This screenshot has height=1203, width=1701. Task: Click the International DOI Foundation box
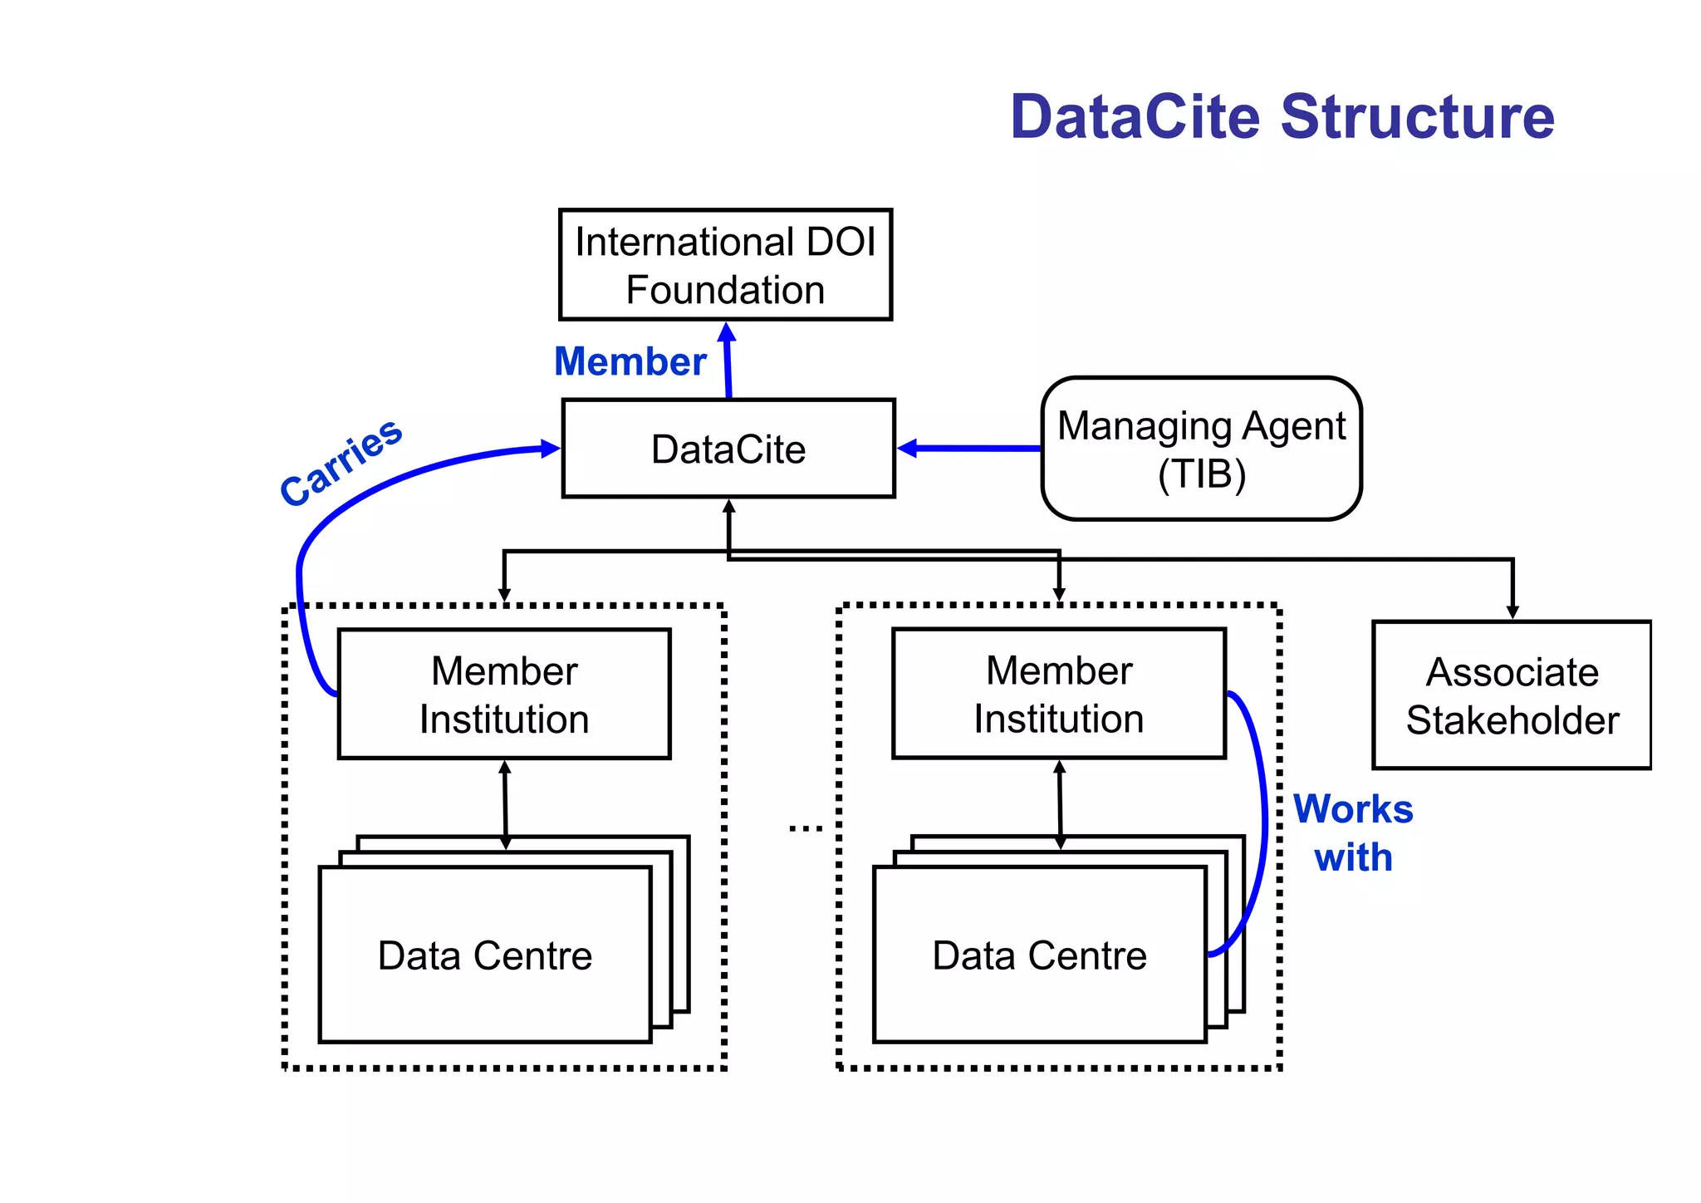tap(725, 265)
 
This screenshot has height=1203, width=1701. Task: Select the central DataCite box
tap(728, 449)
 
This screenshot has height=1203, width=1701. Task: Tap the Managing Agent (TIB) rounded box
tap(1201, 449)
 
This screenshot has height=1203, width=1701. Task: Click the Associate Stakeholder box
tap(1512, 695)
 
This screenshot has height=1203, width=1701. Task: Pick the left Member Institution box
tap(504, 694)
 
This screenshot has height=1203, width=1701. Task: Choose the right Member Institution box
tap(1059, 694)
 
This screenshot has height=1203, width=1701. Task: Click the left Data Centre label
tap(485, 955)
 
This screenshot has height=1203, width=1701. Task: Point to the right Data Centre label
tap(1039, 955)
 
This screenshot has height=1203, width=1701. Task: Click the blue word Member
tap(630, 362)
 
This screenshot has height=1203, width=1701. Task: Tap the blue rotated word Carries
tap(341, 462)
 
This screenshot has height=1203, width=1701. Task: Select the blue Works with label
tap(1353, 833)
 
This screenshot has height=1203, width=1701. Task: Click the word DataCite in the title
tap(1135, 116)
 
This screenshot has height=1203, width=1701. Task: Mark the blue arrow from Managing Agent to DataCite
tap(972, 449)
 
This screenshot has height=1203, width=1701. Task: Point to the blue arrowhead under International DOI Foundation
tap(727, 333)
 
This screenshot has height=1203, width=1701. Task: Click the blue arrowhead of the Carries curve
tap(550, 449)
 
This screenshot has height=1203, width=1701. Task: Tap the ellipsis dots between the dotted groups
tap(805, 828)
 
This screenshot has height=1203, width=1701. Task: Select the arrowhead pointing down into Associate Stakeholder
tap(1512, 612)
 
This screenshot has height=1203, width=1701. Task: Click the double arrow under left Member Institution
tap(505, 804)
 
